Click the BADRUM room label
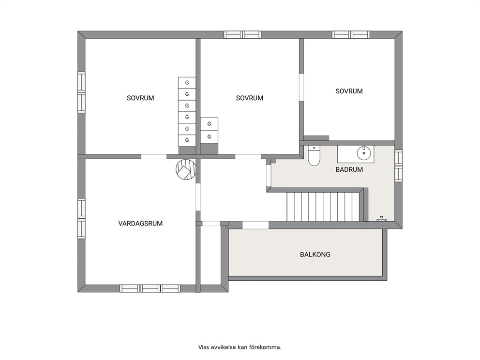[349, 169]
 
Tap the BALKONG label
[315, 255]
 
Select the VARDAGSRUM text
[140, 224]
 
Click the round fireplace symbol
[186, 169]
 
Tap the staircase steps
[323, 206]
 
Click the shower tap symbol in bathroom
[381, 219]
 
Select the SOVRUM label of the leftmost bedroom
[140, 98]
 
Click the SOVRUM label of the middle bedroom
[250, 98]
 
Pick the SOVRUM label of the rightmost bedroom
[349, 91]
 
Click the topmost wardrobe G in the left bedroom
[187, 83]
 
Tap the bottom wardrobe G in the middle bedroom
[209, 136]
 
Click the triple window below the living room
[150, 288]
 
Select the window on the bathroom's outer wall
[399, 165]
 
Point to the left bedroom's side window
[81, 92]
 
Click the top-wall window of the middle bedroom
[242, 34]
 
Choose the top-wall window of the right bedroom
[351, 34]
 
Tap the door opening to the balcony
[255, 225]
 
